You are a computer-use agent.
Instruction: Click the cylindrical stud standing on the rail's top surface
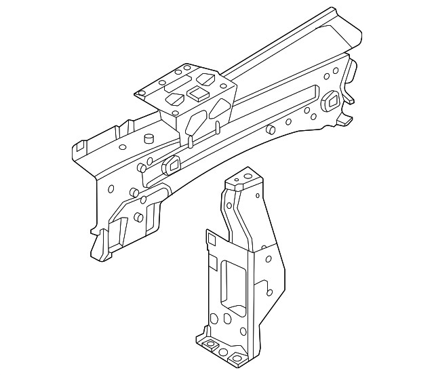[x=148, y=139]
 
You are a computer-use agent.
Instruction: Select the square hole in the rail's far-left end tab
[x=81, y=145]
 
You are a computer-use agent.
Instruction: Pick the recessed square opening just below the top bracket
[x=171, y=164]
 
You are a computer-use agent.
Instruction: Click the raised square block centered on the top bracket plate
[x=197, y=93]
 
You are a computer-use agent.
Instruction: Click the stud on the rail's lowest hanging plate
[x=139, y=217]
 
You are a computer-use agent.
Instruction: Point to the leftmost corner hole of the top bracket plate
[x=142, y=93]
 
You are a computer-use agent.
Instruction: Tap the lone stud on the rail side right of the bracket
[x=270, y=129]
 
